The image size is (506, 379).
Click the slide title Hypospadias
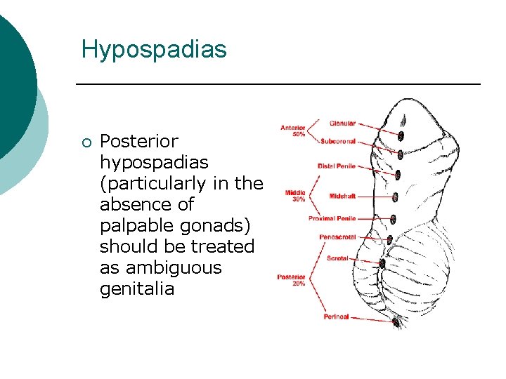pyautogui.click(x=154, y=49)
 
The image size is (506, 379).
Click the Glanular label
pyautogui.click(x=342, y=124)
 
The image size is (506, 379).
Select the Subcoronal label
pyautogui.click(x=338, y=141)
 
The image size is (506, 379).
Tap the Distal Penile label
pyautogui.click(x=337, y=166)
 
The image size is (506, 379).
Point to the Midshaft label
pyautogui.click(x=342, y=196)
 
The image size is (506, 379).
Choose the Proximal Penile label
pyautogui.click(x=332, y=219)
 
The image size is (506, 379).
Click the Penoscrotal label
pyautogui.click(x=337, y=237)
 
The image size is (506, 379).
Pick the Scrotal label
pyautogui.click(x=337, y=258)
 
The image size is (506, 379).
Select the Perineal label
pyautogui.click(x=336, y=317)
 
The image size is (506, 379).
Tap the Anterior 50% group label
pyautogui.click(x=292, y=131)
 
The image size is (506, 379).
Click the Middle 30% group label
pyautogui.click(x=295, y=196)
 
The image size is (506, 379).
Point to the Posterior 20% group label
pyautogui.click(x=291, y=280)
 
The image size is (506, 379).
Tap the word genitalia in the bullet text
pyautogui.click(x=137, y=288)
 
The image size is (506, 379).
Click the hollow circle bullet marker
pyautogui.click(x=86, y=142)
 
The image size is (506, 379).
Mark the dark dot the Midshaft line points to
pyautogui.click(x=396, y=197)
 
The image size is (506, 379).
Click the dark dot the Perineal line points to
pyautogui.click(x=396, y=324)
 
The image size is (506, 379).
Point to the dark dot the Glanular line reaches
pyautogui.click(x=403, y=135)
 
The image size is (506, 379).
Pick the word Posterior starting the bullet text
pyautogui.click(x=139, y=141)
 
